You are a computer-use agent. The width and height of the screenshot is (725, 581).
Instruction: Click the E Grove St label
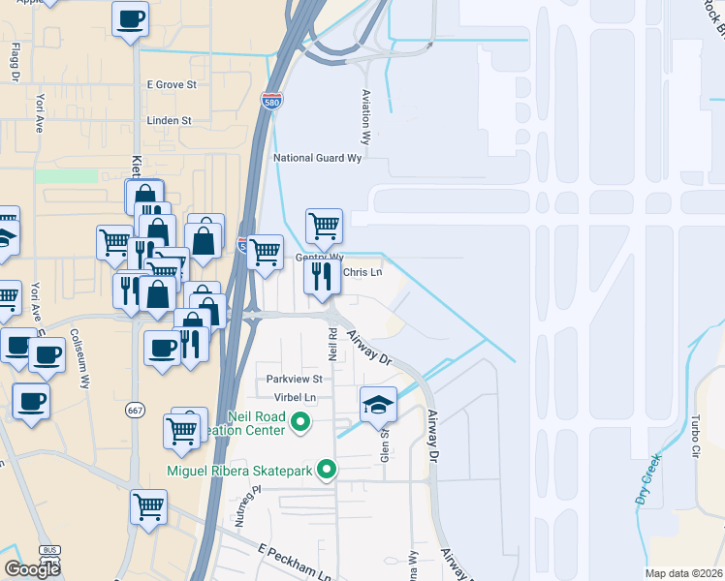coord(172,85)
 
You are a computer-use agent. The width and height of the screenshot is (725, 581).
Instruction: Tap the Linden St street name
coord(169,121)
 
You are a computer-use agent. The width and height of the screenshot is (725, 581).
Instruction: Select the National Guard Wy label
coord(317,158)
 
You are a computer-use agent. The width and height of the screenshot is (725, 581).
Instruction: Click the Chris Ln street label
coord(362,273)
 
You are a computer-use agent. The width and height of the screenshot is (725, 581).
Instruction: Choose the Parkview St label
coord(295,379)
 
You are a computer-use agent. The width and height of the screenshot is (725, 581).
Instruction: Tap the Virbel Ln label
coord(298,398)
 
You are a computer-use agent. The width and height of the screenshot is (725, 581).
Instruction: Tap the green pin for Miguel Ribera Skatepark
coord(327,471)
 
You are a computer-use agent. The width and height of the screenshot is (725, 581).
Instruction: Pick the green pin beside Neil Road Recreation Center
coord(300,422)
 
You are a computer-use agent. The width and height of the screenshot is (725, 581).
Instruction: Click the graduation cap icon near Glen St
coord(379,405)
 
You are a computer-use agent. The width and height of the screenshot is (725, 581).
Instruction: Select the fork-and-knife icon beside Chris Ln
coord(322,276)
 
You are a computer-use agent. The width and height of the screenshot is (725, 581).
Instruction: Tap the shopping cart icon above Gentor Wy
coord(324,226)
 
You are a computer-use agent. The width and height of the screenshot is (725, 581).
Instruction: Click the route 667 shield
coord(135,411)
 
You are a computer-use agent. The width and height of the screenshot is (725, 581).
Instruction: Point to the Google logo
coord(32,568)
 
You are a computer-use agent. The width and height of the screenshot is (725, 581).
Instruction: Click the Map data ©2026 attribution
coord(684,573)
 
